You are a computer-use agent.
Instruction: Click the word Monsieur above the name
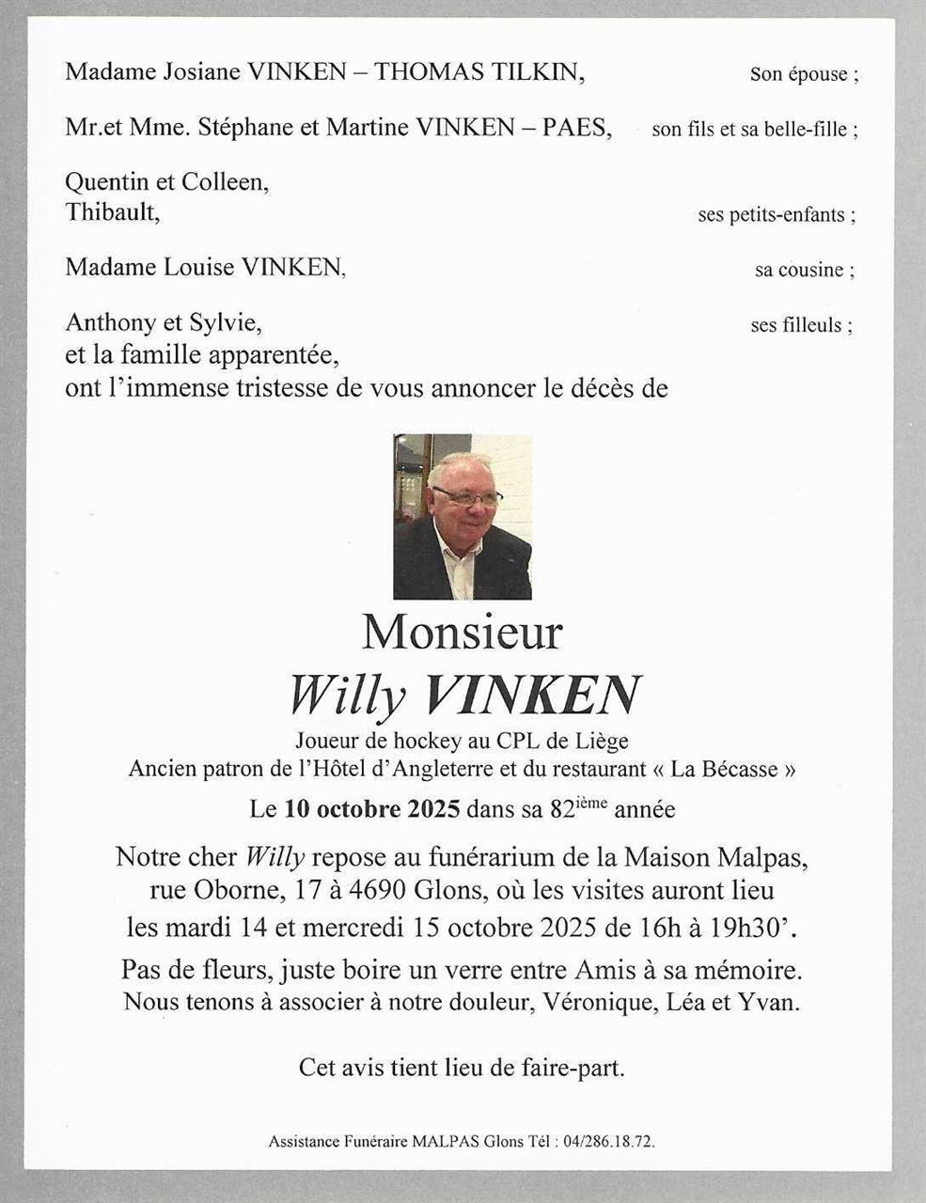(462, 632)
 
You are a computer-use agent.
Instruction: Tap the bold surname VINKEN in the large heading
(532, 695)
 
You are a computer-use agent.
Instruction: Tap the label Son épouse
(803, 74)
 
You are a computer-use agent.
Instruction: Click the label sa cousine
(803, 271)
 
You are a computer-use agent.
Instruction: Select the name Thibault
(111, 212)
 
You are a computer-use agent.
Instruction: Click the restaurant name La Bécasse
(725, 769)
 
